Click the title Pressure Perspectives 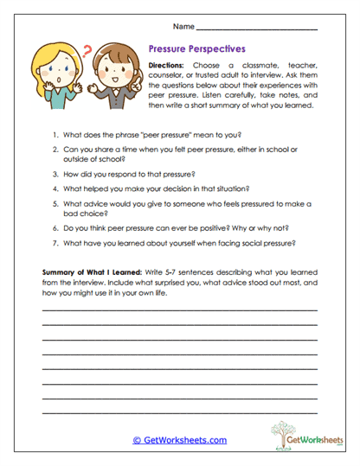197,50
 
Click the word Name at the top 183,26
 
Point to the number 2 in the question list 55,150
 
